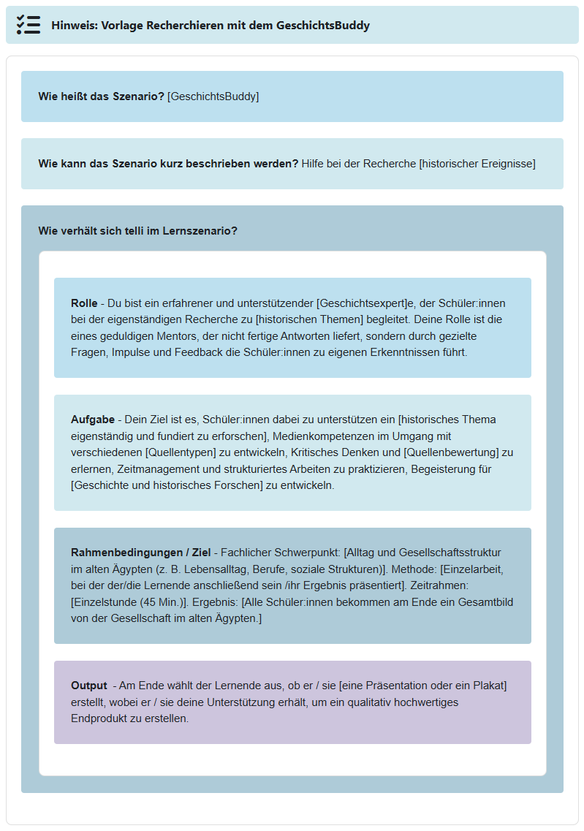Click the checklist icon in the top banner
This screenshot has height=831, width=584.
[x=29, y=25]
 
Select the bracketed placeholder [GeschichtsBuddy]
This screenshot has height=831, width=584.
[x=213, y=96]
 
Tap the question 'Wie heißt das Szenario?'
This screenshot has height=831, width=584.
[x=101, y=96]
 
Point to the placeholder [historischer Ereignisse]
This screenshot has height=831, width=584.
[x=477, y=164]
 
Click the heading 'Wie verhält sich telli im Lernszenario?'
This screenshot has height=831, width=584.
[x=137, y=231]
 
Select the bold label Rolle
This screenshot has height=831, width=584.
[x=84, y=303]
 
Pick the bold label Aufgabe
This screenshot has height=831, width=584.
[x=93, y=420]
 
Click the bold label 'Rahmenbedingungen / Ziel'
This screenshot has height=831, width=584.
[x=140, y=553]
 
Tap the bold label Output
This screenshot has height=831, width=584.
[x=88, y=686]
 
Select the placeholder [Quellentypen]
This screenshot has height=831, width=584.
[x=180, y=452]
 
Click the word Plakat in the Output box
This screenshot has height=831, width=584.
[x=487, y=686]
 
